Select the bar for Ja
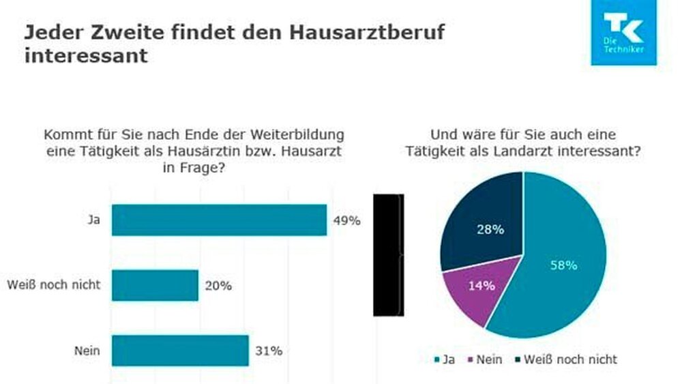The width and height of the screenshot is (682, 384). (x=219, y=220)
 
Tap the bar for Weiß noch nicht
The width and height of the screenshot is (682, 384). (x=155, y=285)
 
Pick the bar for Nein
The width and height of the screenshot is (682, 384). (x=180, y=351)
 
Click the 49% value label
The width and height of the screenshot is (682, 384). (x=346, y=221)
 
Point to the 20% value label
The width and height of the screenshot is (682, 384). (x=218, y=286)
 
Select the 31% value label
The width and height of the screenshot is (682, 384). (x=268, y=351)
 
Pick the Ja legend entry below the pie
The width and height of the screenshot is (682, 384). (x=444, y=359)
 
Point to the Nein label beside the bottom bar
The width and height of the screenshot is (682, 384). (x=88, y=351)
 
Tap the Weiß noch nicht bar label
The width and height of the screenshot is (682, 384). (x=53, y=285)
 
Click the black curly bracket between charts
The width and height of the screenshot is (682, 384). (x=389, y=255)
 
